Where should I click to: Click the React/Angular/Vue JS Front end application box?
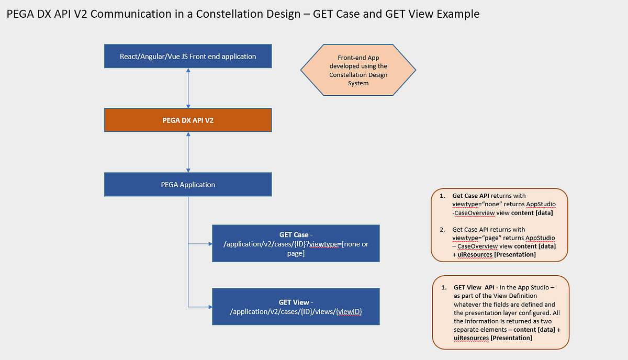point(188,56)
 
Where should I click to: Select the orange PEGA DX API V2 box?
point(188,120)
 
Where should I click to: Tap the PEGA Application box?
point(188,185)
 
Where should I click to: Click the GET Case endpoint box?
point(295,243)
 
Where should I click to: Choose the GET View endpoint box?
point(295,307)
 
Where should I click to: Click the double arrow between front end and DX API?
point(188,88)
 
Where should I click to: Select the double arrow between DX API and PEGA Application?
point(188,152)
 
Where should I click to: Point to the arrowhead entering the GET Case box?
point(209,243)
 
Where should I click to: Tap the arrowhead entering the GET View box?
point(209,307)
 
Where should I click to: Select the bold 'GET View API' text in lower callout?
point(474,287)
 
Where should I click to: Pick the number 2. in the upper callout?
point(442,229)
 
